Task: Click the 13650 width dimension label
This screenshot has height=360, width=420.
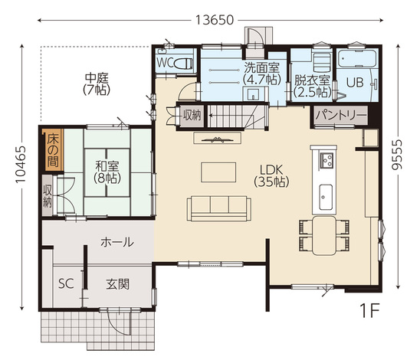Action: point(215,20)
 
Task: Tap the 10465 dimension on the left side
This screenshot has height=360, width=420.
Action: point(21,165)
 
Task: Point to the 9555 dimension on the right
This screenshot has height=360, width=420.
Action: point(397,155)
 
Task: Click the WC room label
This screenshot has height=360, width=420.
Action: point(165,63)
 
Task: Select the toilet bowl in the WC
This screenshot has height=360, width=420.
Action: point(183,64)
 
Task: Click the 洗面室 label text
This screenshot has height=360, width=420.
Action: point(261,67)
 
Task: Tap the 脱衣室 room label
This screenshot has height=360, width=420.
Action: point(312,80)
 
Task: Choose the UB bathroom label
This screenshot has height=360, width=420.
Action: point(355,82)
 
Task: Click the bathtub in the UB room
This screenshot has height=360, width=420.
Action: point(358,59)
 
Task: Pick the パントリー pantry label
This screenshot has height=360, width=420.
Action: point(341,116)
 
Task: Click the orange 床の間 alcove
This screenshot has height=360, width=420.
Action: point(54,150)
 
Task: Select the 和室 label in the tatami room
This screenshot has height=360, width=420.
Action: point(107,166)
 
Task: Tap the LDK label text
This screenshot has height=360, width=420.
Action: point(271,170)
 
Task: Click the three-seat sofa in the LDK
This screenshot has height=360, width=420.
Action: point(219,208)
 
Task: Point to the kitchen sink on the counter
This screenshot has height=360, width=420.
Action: point(326,198)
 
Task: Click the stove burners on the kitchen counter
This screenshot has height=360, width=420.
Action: point(326,160)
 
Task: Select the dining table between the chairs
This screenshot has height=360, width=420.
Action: point(324,236)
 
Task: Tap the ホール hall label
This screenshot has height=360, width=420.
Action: point(117,242)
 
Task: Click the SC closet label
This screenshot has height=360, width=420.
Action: point(66,283)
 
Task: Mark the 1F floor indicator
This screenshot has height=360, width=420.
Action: point(369,311)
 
